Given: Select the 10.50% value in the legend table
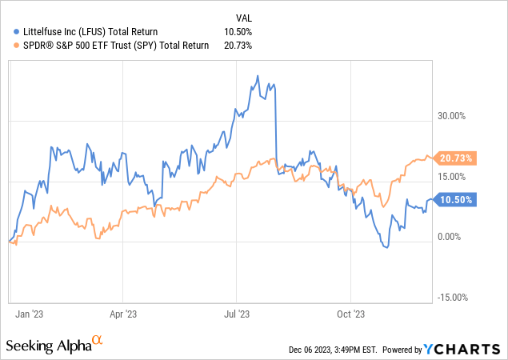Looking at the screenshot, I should point(238,31).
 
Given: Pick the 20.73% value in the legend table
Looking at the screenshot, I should point(238,46).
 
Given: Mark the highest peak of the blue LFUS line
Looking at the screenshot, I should point(257,76).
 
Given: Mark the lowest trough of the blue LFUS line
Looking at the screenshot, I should point(386,249).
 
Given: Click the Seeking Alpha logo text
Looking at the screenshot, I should point(50,346).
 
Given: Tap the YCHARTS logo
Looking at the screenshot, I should point(463,349).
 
